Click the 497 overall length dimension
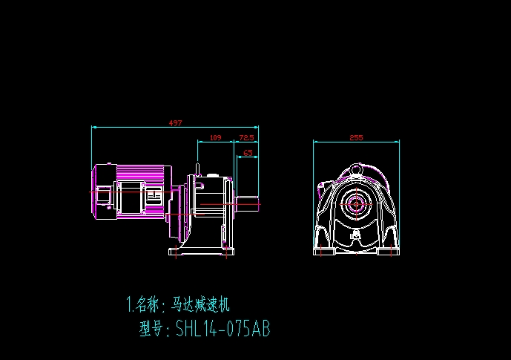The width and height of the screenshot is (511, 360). pyautogui.click(x=176, y=122)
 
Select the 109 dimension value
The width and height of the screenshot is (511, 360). pyautogui.click(x=216, y=137)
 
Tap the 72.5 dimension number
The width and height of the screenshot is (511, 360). pyautogui.click(x=246, y=137)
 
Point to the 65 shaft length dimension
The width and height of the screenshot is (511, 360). pyautogui.click(x=248, y=153)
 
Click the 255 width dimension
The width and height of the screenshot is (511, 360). pyautogui.click(x=356, y=137)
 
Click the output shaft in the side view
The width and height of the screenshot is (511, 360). pyautogui.click(x=248, y=201)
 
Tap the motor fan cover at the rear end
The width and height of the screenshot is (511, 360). pyautogui.click(x=101, y=192)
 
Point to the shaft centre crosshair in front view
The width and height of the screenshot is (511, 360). pyautogui.click(x=357, y=203)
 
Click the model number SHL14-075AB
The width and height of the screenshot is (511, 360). pyautogui.click(x=222, y=329)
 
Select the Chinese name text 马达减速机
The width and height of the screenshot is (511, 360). pyautogui.click(x=202, y=304)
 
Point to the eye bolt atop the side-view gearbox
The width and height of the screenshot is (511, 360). pyautogui.click(x=198, y=168)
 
